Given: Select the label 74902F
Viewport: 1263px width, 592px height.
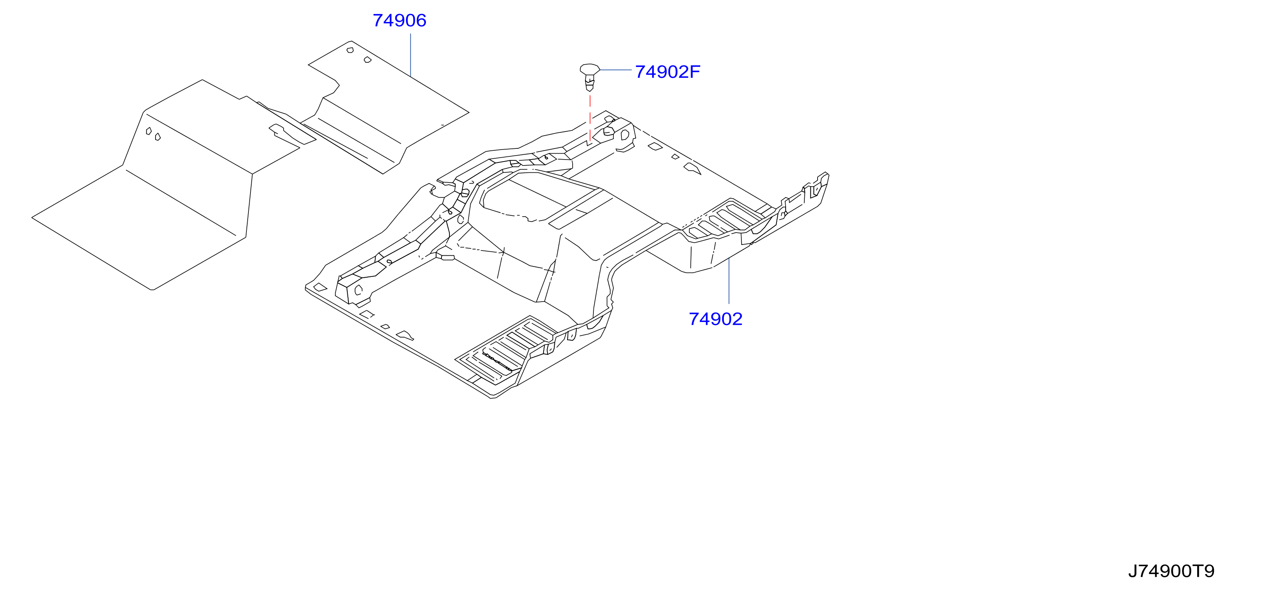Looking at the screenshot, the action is (667, 72).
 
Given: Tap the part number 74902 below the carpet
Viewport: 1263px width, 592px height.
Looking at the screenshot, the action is (715, 319).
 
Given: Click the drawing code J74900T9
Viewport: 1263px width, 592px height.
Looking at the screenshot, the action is (1171, 571).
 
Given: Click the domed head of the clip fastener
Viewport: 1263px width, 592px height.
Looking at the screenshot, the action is (590, 69).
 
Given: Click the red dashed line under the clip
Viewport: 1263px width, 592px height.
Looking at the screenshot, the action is (590, 118).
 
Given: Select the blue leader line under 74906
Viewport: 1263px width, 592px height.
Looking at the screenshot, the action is (410, 54).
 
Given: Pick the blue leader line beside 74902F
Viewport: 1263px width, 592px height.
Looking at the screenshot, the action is (616, 70).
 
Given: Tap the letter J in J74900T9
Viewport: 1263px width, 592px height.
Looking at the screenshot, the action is (1133, 571).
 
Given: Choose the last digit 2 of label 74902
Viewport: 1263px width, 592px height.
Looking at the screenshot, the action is (737, 319).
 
